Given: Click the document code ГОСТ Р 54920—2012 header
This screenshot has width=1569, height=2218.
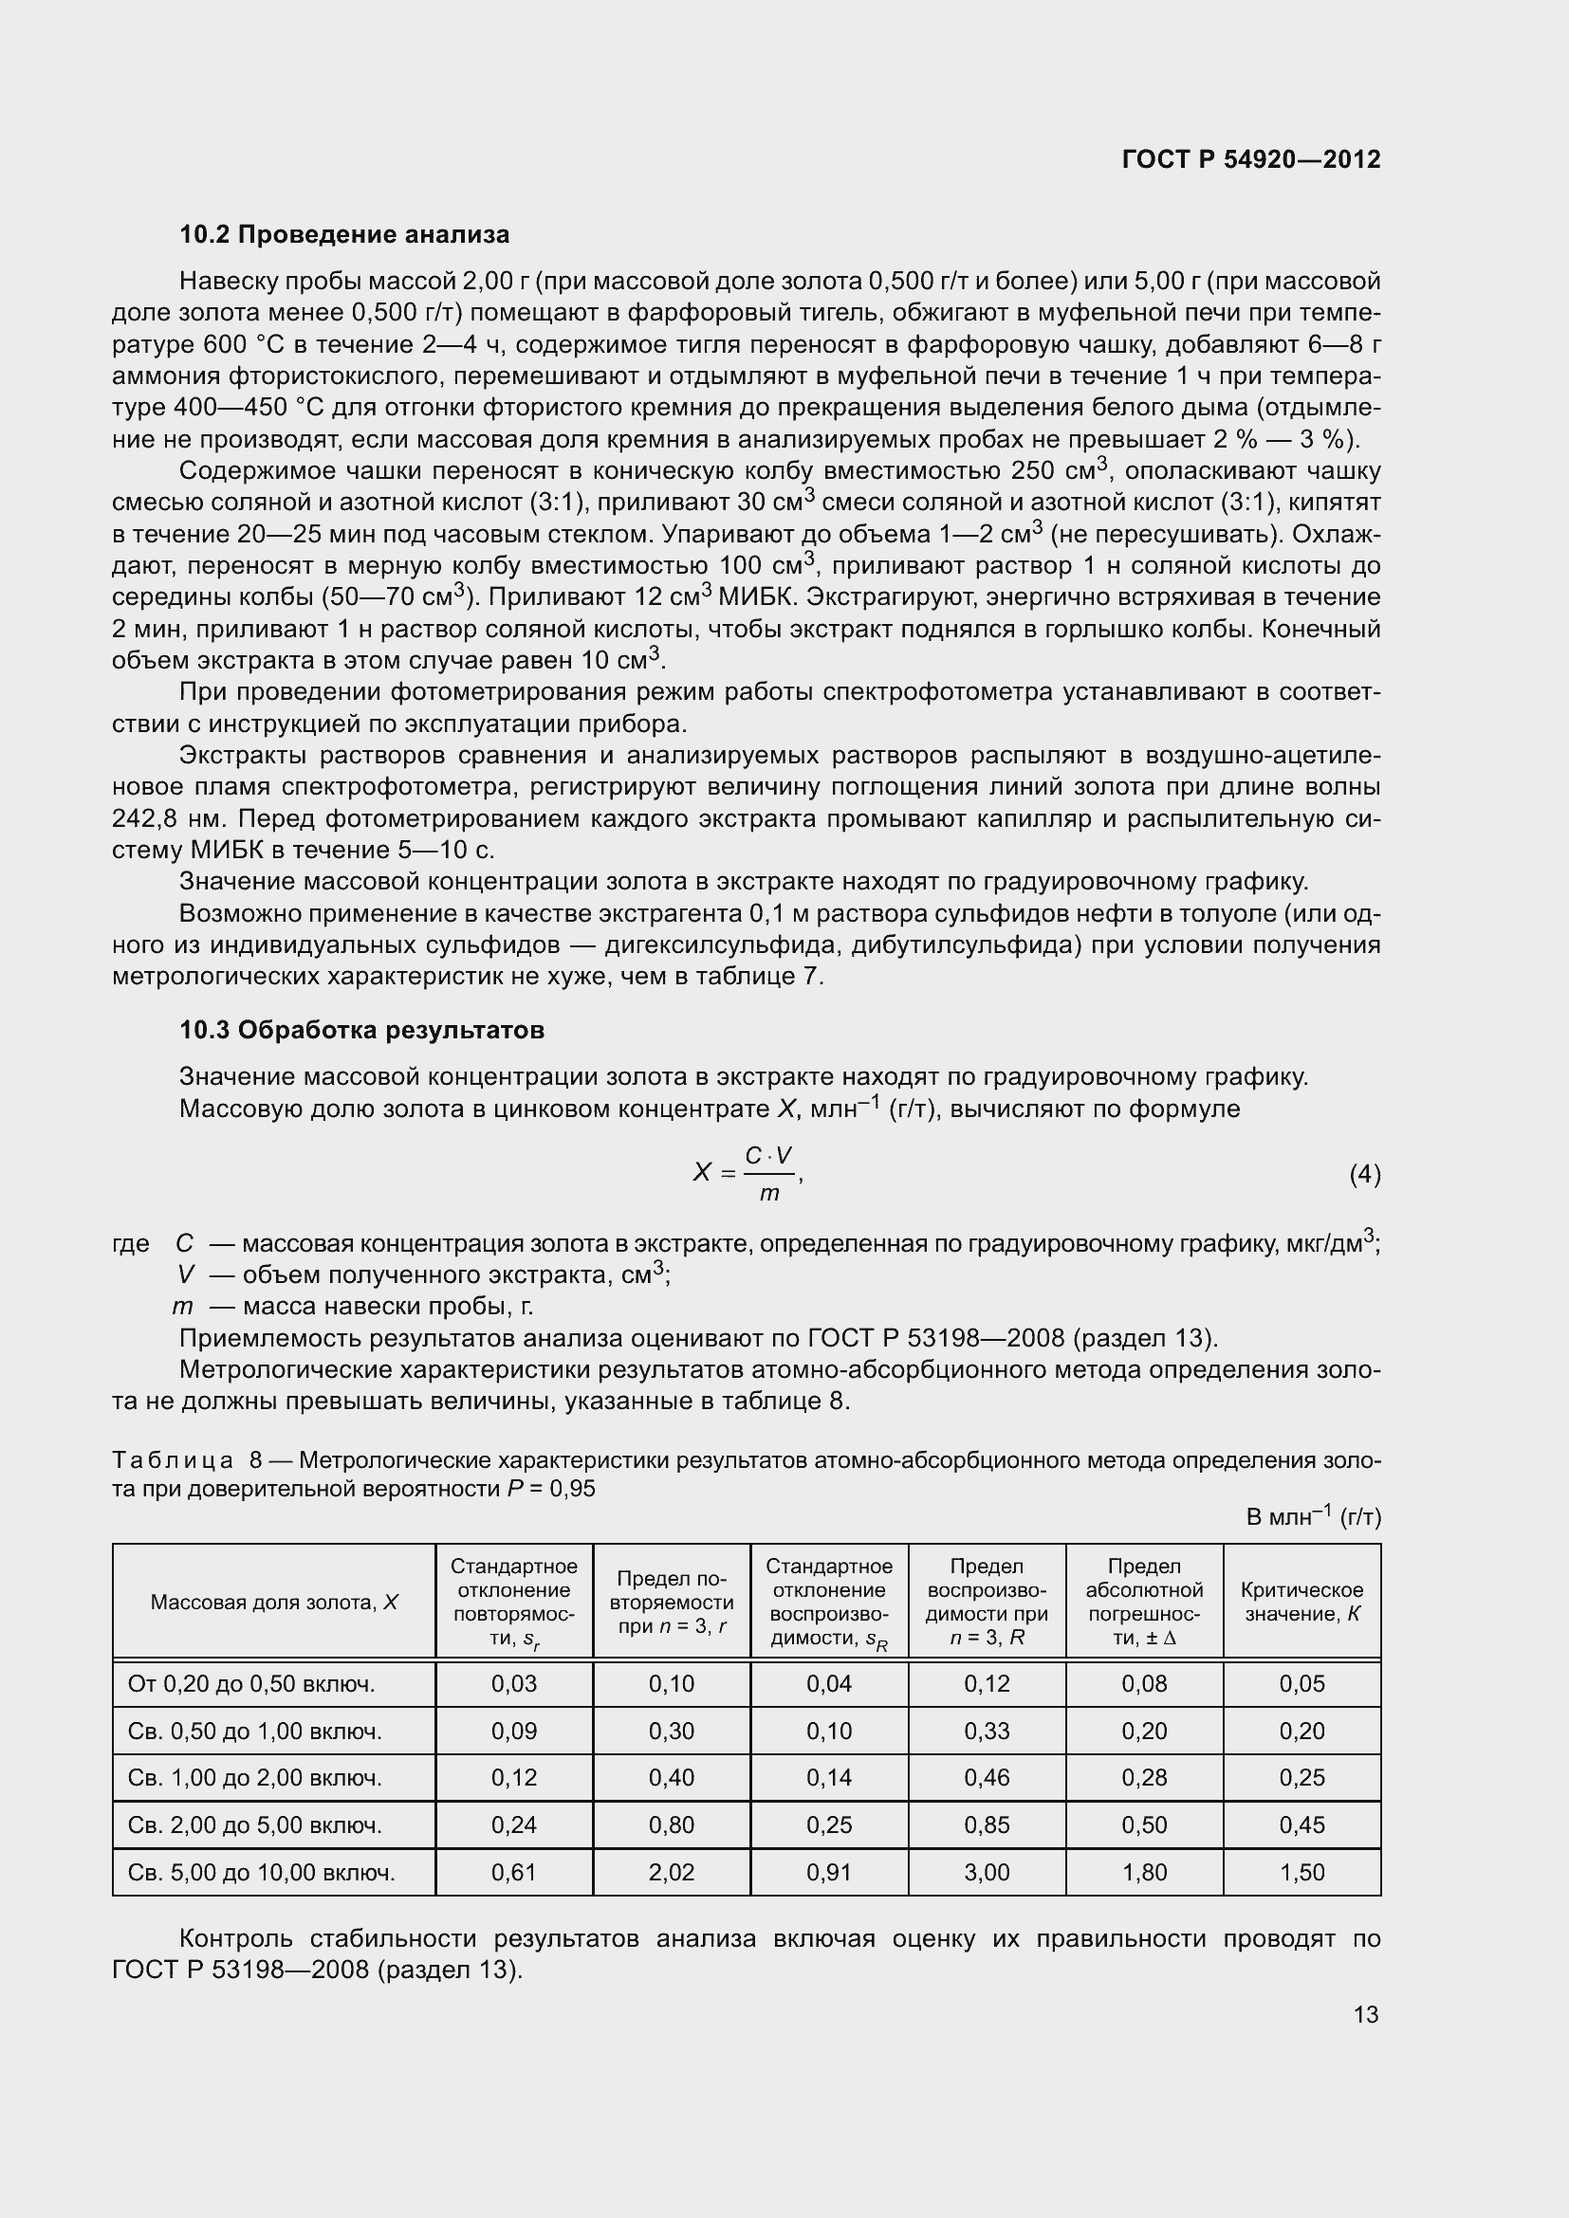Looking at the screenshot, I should pyautogui.click(x=1250, y=159).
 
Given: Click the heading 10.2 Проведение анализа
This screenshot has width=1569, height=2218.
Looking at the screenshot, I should pyautogui.click(x=344, y=235).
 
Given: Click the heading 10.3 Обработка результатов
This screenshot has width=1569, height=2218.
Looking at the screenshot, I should pyautogui.click(x=361, y=1030).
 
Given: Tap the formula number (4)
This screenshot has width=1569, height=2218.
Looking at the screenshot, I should pyautogui.click(x=1364, y=1174).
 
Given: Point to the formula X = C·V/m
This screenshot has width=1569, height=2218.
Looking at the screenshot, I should pyautogui.click(x=747, y=1173).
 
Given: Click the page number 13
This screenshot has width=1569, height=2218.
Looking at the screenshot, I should pyautogui.click(x=1365, y=2014).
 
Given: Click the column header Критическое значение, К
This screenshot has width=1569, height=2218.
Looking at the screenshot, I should pyautogui.click(x=1301, y=1602).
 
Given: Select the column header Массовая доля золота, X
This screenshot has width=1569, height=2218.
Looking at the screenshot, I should pyautogui.click(x=273, y=1603).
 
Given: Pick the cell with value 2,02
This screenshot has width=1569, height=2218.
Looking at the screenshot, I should pyautogui.click(x=671, y=1871).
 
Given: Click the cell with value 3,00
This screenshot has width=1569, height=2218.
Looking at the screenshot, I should pyautogui.click(x=987, y=1871).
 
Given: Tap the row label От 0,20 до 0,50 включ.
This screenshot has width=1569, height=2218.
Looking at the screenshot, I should pyautogui.click(x=251, y=1684).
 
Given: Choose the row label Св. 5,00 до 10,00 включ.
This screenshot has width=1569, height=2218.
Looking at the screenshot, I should pyautogui.click(x=261, y=1872).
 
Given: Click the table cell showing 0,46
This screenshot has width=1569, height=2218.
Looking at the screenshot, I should pyautogui.click(x=987, y=1777).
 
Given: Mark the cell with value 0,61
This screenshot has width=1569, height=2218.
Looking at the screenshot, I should pyautogui.click(x=513, y=1871).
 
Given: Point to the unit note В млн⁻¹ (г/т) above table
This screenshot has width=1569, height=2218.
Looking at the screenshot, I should pyautogui.click(x=1313, y=1516).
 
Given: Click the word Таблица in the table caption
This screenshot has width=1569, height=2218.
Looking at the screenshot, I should pyautogui.click(x=172, y=1459).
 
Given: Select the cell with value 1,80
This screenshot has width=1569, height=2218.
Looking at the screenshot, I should pyautogui.click(x=1144, y=1871).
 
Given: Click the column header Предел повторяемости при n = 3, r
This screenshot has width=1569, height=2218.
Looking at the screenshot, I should pyautogui.click(x=671, y=1603).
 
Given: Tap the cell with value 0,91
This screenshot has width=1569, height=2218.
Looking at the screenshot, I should pyautogui.click(x=829, y=1871).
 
